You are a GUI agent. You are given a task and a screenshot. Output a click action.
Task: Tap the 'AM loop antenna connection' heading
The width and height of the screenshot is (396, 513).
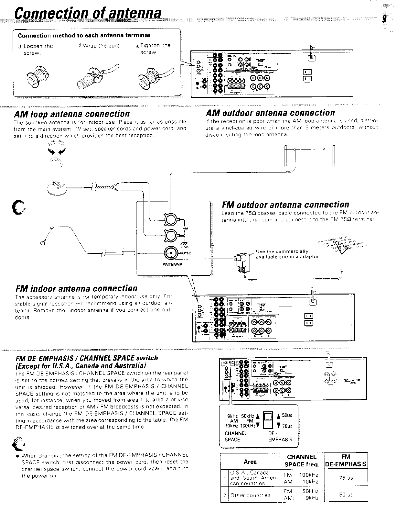(71, 114)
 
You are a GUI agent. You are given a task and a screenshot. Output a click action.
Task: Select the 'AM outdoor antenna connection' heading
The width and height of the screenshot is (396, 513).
(270, 113)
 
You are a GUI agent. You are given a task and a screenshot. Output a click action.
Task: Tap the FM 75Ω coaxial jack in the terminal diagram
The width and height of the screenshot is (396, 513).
(170, 252)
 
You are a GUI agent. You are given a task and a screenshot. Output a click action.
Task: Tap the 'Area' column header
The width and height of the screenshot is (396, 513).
(250, 462)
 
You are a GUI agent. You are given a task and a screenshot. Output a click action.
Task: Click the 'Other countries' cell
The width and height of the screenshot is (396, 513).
(251, 495)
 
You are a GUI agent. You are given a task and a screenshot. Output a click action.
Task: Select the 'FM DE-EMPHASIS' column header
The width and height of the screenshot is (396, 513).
(346, 461)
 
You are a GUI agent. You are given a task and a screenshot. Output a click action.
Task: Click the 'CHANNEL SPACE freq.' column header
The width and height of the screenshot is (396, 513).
(302, 461)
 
